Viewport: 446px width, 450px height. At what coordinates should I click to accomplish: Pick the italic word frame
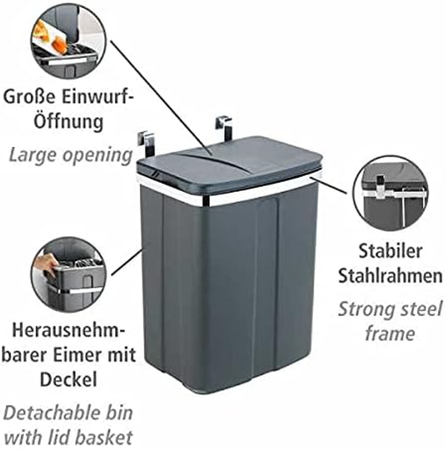coord(390,333)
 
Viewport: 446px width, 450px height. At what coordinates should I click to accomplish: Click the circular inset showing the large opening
coord(67,41)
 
